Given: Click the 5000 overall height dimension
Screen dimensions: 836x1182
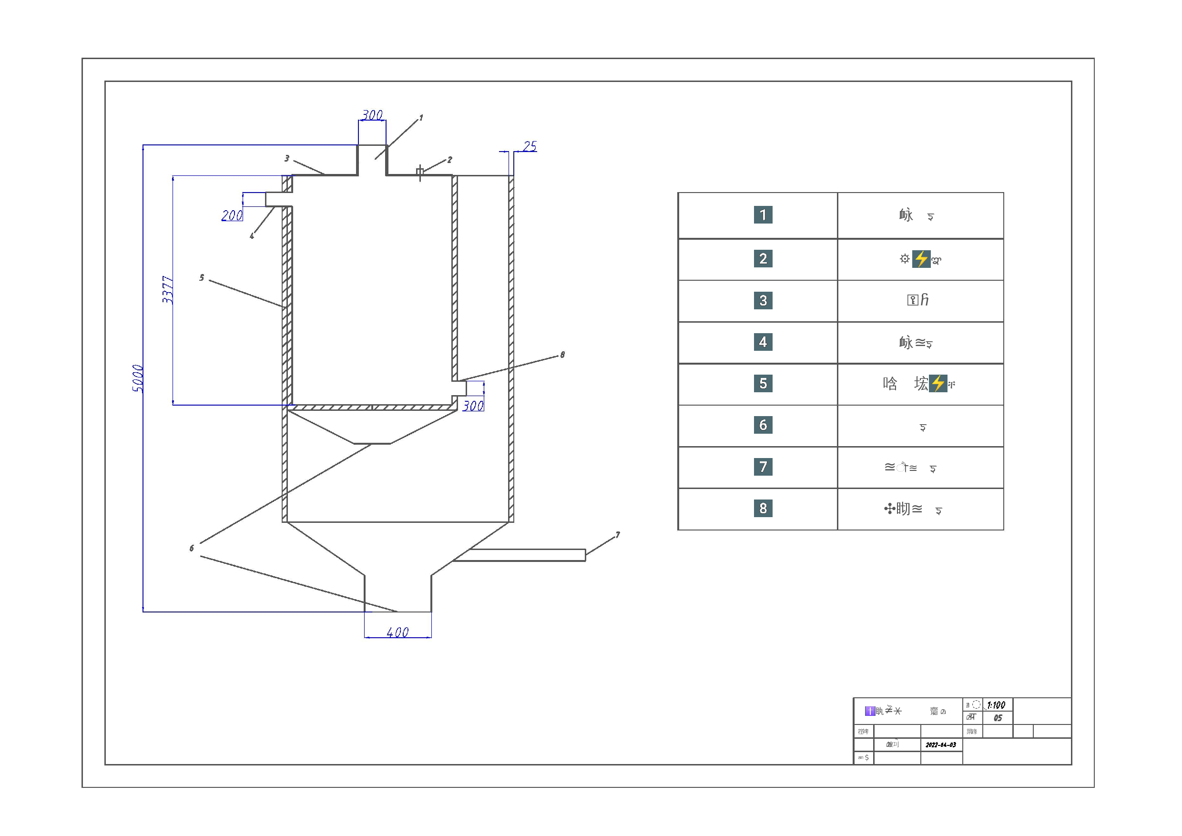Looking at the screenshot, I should tap(137, 378).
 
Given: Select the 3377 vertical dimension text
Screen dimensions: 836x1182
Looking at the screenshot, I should tap(167, 290).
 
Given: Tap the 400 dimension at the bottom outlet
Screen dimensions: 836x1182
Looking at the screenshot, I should tap(397, 632).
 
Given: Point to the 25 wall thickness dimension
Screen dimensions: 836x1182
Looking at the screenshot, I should tap(530, 146).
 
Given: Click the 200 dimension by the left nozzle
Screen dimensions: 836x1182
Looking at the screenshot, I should tap(232, 215).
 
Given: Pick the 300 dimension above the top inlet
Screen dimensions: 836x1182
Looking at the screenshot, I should tap(372, 115).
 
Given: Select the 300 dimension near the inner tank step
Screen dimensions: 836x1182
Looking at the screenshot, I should tap(473, 406).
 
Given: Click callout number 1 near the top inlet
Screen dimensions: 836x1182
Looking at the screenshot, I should tap(421, 118).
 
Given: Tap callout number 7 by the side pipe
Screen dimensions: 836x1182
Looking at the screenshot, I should tap(618, 535).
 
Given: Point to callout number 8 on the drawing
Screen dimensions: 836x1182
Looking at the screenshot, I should tap(563, 355).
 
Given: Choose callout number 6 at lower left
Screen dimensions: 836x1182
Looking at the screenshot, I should tap(192, 548).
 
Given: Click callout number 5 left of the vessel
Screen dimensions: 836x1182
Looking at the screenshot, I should tap(202, 278).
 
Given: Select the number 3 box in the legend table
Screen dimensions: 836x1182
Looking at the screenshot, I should tap(763, 300).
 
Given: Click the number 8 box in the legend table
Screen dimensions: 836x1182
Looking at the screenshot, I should tap(763, 509).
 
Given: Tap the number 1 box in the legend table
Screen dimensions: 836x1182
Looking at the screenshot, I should tap(763, 214).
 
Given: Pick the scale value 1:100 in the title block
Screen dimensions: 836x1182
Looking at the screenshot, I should tap(996, 705).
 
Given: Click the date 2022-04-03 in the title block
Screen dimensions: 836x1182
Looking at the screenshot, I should tap(940, 745).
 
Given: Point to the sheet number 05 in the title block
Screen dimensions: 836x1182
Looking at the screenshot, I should tap(998, 718).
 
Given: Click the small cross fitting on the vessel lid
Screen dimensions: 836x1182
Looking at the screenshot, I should tap(420, 172).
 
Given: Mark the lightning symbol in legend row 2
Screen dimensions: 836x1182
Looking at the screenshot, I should tap(921, 259).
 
